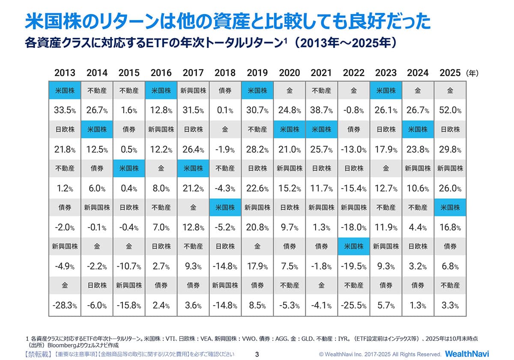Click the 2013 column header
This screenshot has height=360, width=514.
[65, 73]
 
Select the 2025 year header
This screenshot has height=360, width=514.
[450, 73]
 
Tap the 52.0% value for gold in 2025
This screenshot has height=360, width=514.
[450, 111]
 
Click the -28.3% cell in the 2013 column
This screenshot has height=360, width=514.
[65, 306]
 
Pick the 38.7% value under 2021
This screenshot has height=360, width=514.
[321, 111]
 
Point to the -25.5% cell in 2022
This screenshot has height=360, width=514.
[354, 306]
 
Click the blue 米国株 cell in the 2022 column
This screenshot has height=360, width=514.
[354, 246]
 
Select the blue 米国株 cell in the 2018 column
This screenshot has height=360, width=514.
[225, 207]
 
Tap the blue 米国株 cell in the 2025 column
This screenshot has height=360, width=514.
[450, 207]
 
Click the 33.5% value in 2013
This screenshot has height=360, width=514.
[65, 111]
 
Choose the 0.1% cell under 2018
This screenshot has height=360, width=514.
[225, 111]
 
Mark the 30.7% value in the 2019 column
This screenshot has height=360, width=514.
[257, 111]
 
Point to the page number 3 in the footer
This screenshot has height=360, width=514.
[257, 354]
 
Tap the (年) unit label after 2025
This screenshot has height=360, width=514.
[472, 73]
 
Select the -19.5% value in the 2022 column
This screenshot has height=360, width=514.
[354, 267]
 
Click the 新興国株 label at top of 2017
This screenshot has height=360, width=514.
[193, 91]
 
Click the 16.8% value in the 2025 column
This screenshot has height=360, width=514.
[450, 228]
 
